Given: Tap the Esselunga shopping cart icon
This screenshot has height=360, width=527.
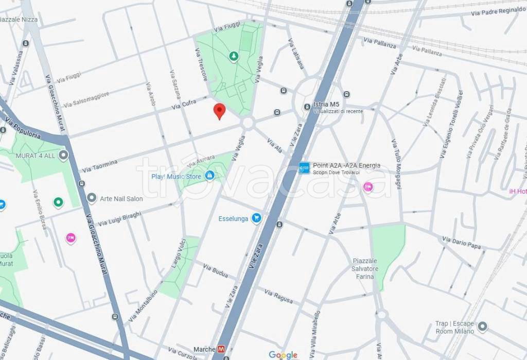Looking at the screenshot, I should (x=256, y=218).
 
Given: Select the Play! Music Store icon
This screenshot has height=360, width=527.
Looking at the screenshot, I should (x=209, y=176).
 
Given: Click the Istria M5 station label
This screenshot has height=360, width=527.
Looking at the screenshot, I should (x=326, y=105).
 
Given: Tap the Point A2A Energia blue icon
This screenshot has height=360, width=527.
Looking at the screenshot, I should (x=305, y=168).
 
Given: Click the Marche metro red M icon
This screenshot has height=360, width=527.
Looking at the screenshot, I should (x=221, y=349).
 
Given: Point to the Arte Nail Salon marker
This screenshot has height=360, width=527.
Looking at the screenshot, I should (x=92, y=198).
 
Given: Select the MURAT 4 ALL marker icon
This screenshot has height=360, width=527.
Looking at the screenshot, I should (x=64, y=155).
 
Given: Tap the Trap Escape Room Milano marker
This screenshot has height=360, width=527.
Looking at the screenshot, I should (x=482, y=327).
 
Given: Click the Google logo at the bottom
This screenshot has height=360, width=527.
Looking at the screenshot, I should (x=283, y=355).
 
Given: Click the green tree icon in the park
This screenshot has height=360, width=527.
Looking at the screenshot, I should (x=234, y=56).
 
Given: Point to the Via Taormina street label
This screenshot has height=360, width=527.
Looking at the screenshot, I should (x=100, y=166).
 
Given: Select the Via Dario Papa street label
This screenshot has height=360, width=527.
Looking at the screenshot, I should (x=462, y=243).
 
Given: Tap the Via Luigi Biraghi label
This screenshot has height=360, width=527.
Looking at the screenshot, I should (x=119, y=219).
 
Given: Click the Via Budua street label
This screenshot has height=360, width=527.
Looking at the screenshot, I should (x=215, y=271).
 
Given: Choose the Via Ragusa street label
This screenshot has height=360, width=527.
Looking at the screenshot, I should (x=278, y=296).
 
